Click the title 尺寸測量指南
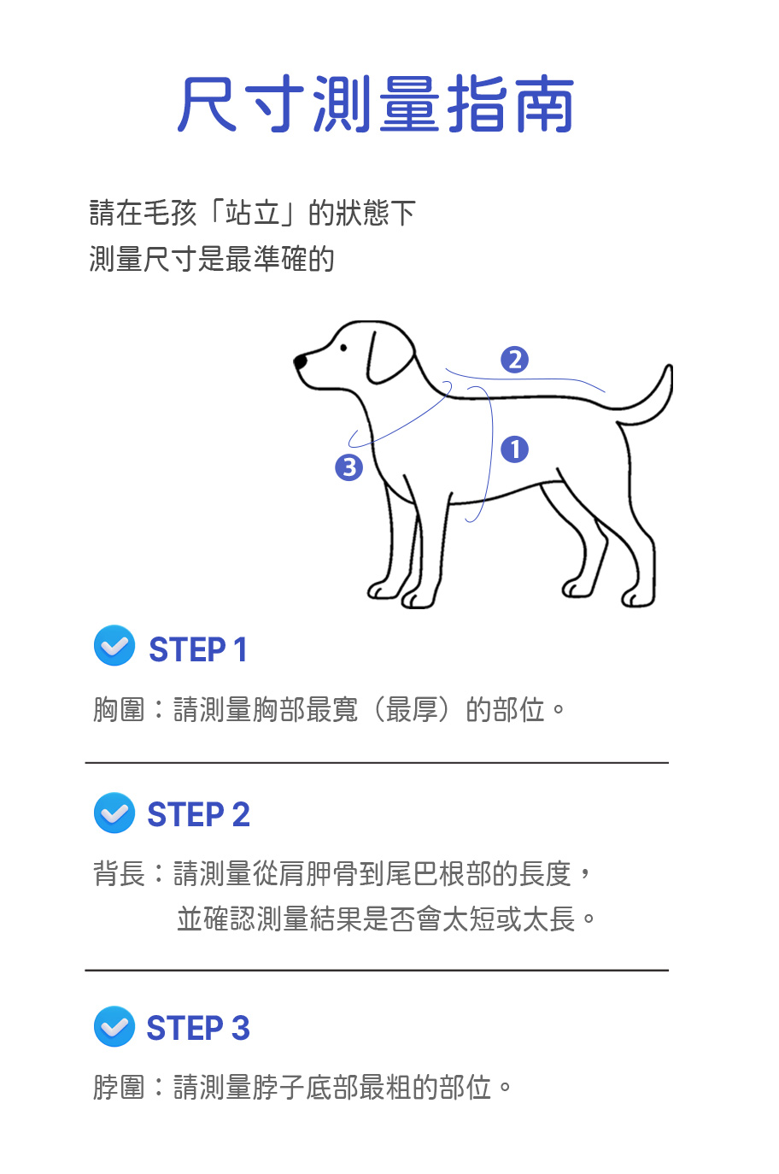[375, 103]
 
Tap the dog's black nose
[300, 361]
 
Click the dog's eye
[343, 348]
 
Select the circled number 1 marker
[514, 449]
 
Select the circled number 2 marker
[514, 360]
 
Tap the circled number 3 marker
[348, 467]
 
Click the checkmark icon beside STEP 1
[114, 645]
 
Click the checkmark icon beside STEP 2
[114, 813]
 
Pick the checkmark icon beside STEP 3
[114, 1026]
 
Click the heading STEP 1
[198, 649]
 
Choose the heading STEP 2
[198, 814]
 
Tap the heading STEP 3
[198, 1028]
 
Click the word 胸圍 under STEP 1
[119, 710]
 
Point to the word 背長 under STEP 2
[119, 874]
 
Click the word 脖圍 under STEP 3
[119, 1087]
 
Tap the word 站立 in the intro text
[253, 213]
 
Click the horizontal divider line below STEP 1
[377, 762]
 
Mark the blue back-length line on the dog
[524, 379]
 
